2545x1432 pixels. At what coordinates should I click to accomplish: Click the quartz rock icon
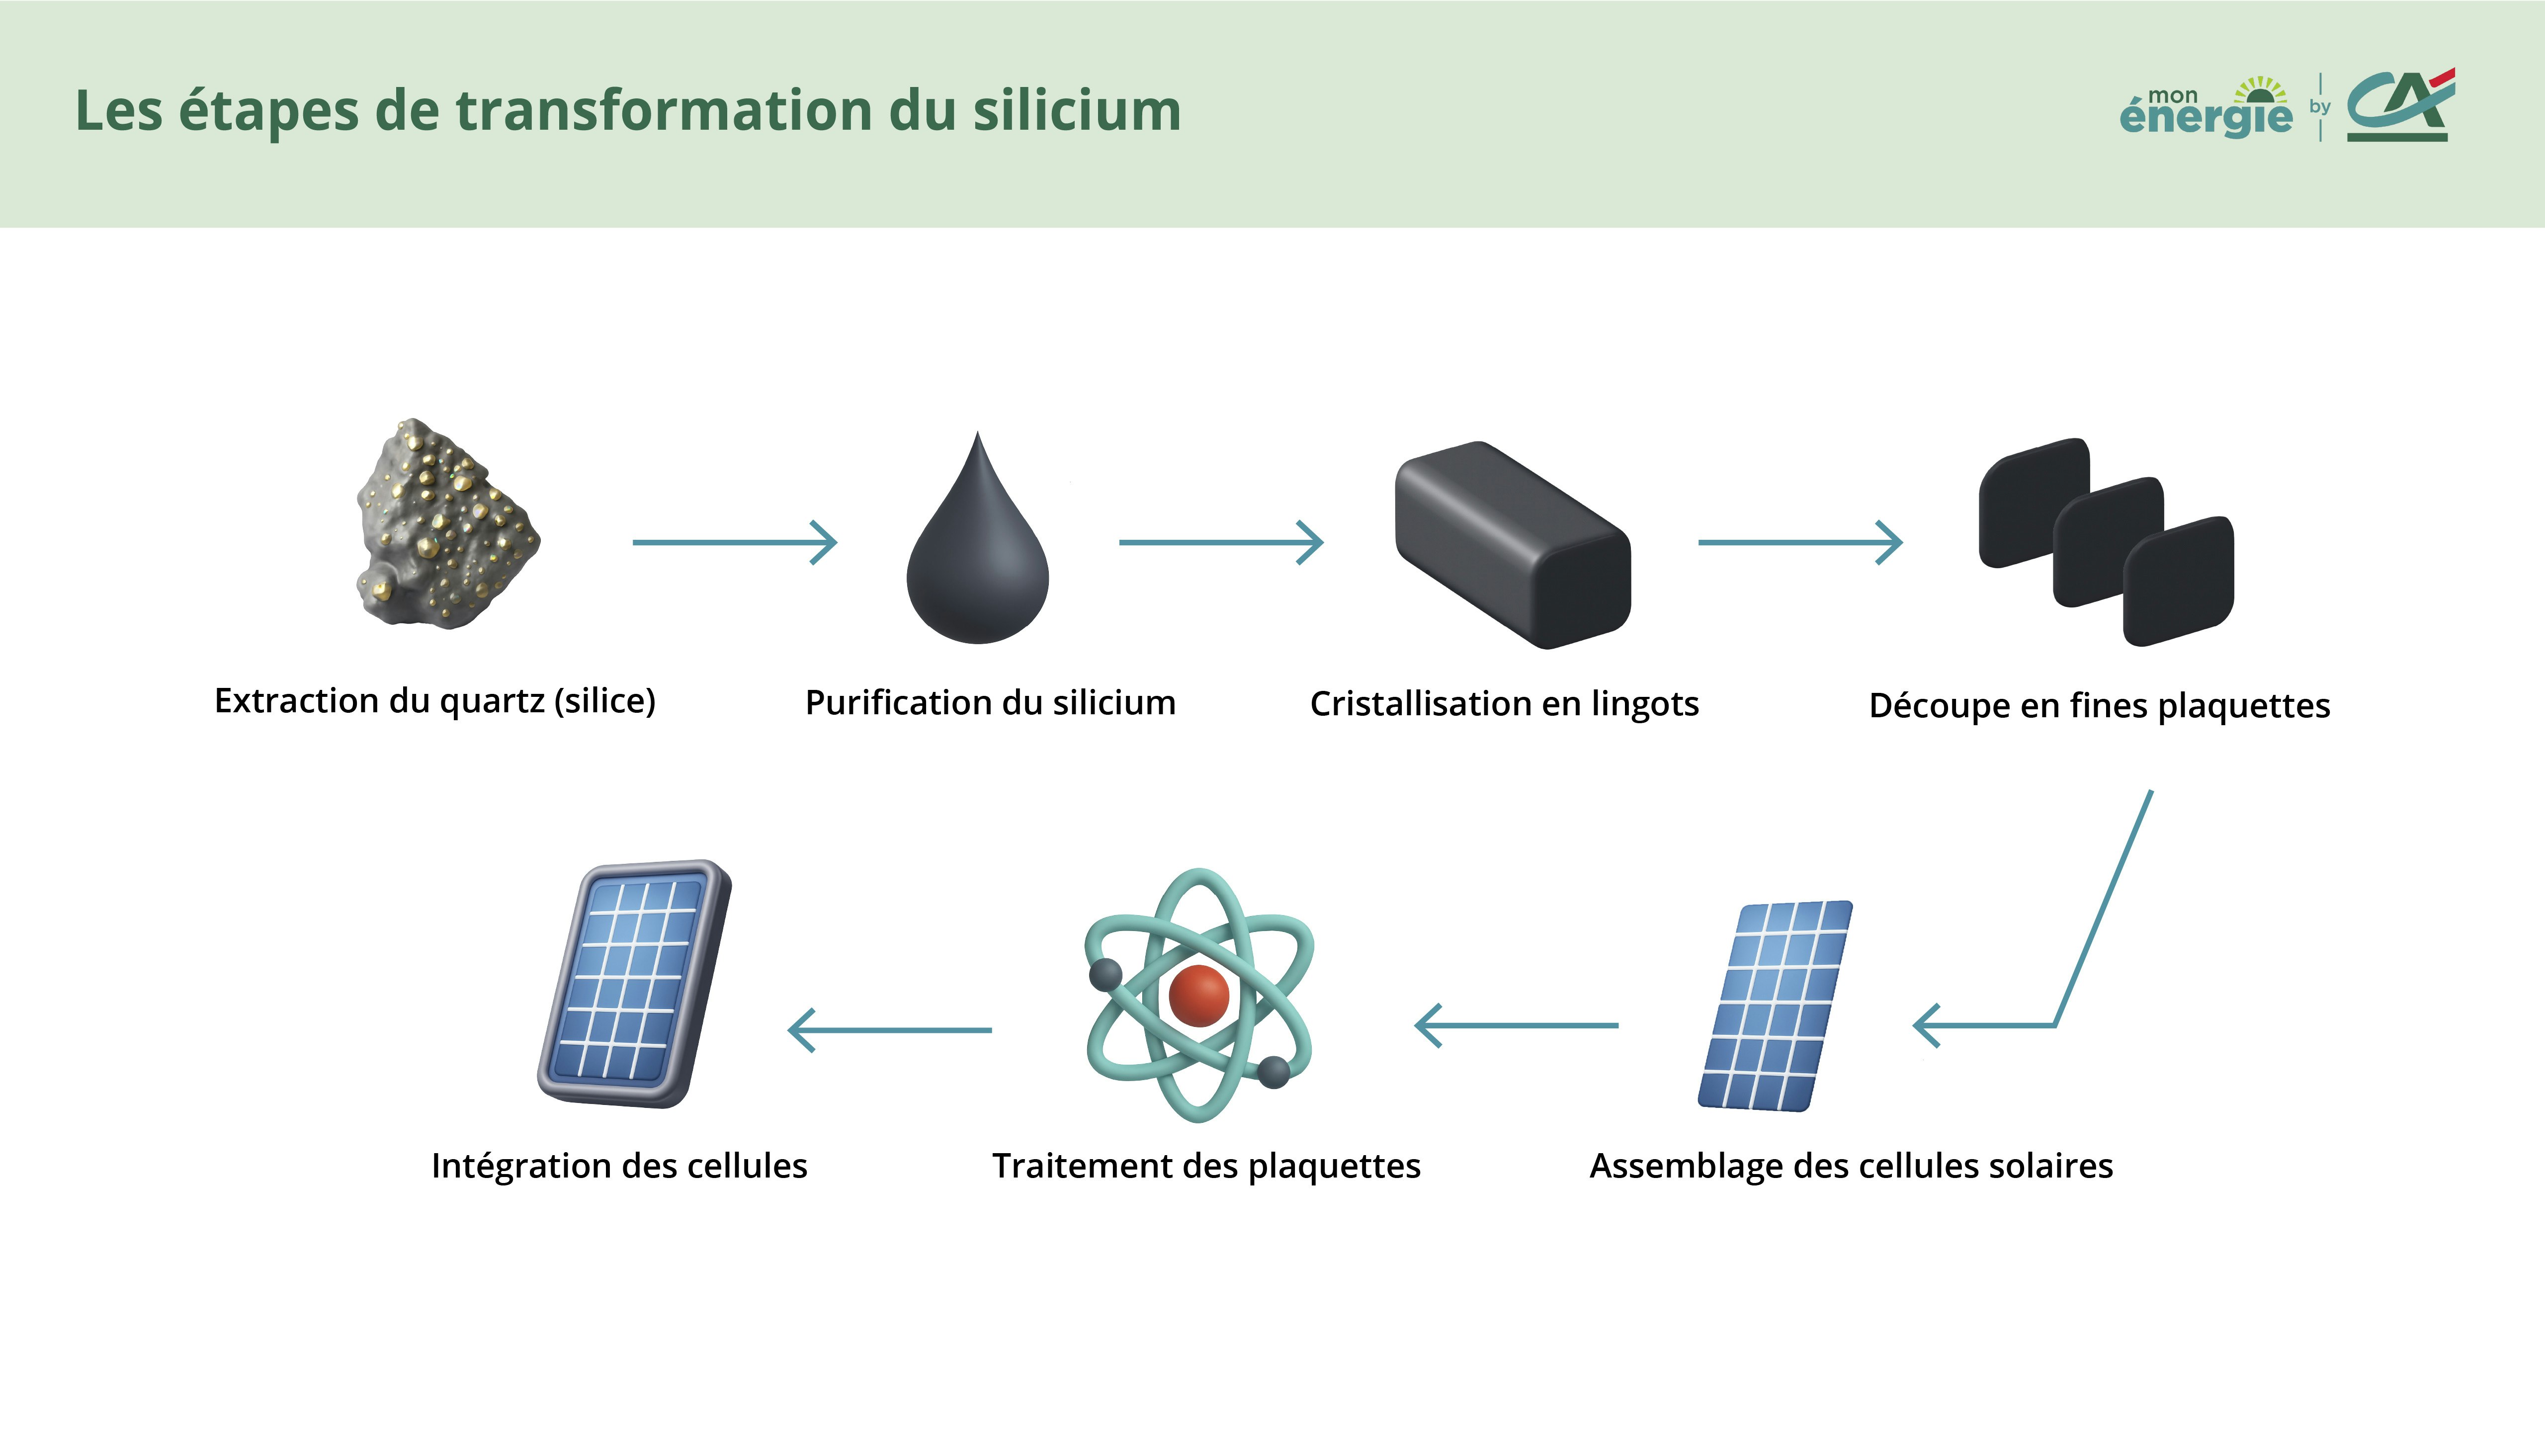pos(446,523)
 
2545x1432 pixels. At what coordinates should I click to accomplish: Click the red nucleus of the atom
pos(1198,996)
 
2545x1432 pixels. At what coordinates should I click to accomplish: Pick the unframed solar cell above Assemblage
pos(1775,1006)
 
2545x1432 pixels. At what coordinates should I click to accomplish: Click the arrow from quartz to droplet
pos(734,542)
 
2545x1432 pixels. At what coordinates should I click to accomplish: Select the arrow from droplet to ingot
pos(1220,542)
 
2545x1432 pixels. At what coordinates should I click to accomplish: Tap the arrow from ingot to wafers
pos(1799,542)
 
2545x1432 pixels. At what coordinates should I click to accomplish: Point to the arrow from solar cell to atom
pos(1517,1025)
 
